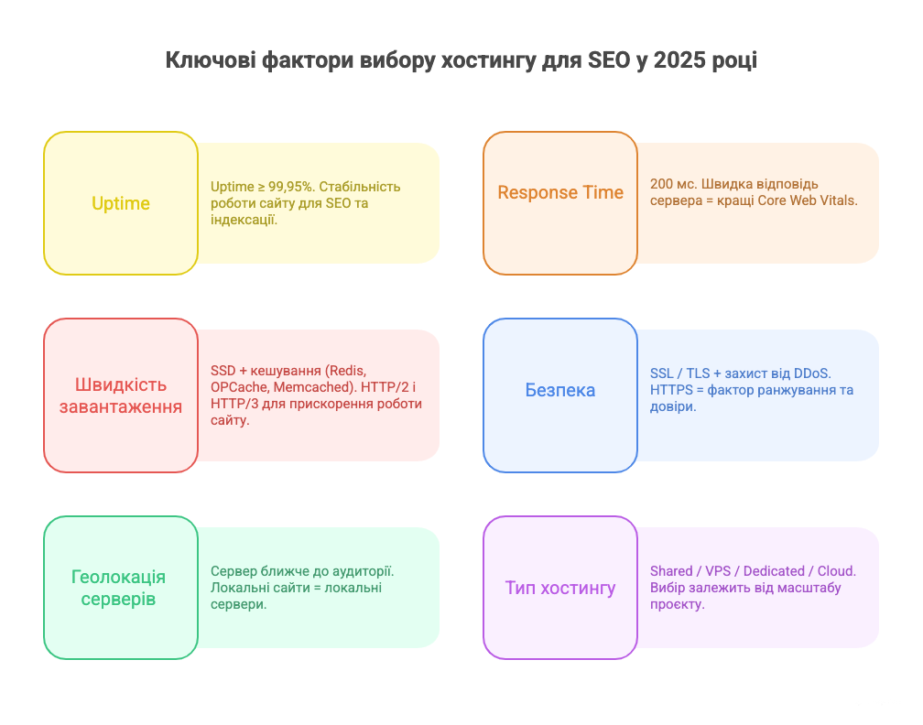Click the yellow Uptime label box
click(121, 203)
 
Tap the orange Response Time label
click(560, 193)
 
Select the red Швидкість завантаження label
click(121, 395)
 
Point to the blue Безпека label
click(560, 390)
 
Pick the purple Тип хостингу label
click(560, 588)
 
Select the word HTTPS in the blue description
click(673, 390)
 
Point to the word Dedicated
click(774, 571)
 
